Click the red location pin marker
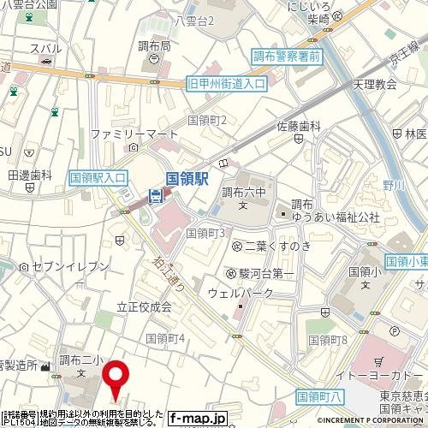click(x=116, y=378)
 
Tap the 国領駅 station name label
click(x=188, y=179)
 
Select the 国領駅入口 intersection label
click(x=98, y=177)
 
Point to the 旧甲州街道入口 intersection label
click(x=226, y=84)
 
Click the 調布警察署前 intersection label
click(x=286, y=56)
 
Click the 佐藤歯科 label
click(x=297, y=126)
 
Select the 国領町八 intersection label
click(x=319, y=396)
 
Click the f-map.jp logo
click(x=198, y=418)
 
